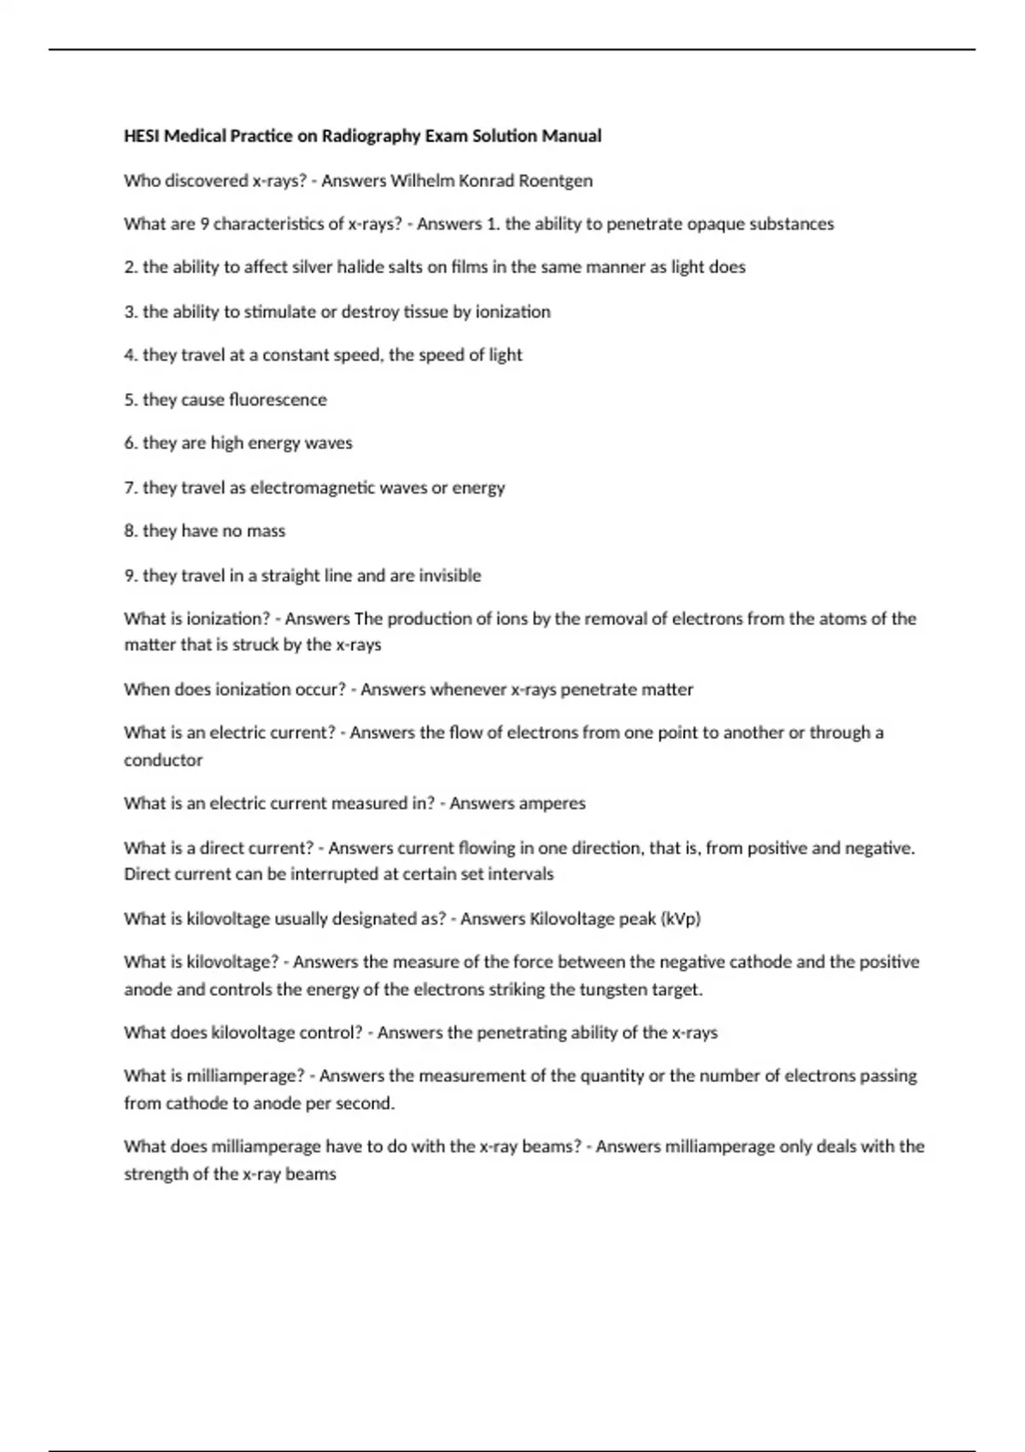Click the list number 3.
[130, 312]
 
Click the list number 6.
[130, 443]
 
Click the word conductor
[163, 760]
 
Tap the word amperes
[551, 804]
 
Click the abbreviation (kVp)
[681, 919]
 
